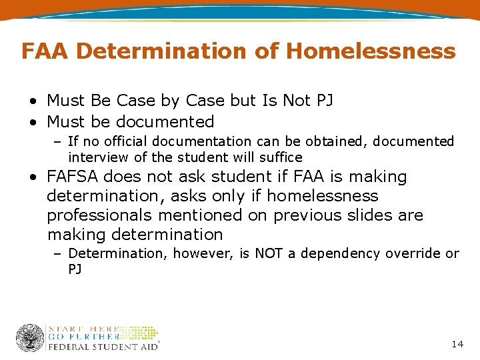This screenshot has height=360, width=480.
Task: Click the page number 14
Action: pos(457,344)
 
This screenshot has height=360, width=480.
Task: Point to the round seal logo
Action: pos(29,338)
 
